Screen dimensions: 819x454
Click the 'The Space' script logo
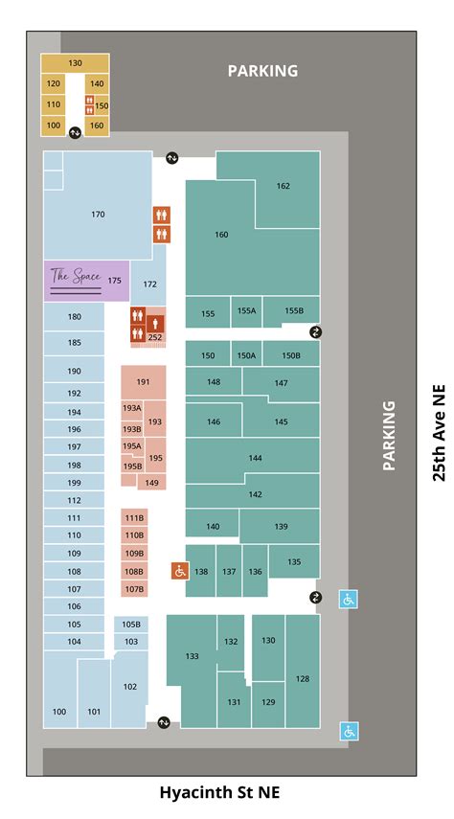pyautogui.click(x=75, y=278)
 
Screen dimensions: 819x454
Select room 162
pyautogui.click(x=283, y=186)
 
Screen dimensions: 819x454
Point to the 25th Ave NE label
pyautogui.click(x=439, y=433)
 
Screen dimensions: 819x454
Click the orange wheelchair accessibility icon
pyautogui.click(x=179, y=571)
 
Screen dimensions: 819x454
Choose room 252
pyautogui.click(x=155, y=337)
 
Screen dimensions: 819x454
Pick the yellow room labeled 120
pyautogui.click(x=54, y=84)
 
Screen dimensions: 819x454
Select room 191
pyautogui.click(x=143, y=382)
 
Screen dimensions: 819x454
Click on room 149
pyautogui.click(x=151, y=483)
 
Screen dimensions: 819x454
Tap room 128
pyautogui.click(x=303, y=678)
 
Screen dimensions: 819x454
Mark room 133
pyautogui.click(x=193, y=656)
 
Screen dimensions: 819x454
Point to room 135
pyautogui.click(x=294, y=561)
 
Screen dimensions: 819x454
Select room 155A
pyautogui.click(x=247, y=311)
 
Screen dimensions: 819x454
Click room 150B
pyautogui.click(x=291, y=355)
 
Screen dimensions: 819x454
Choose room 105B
pyautogui.click(x=131, y=624)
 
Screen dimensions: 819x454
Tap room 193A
pyautogui.click(x=131, y=408)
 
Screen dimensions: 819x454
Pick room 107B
pyautogui.click(x=134, y=589)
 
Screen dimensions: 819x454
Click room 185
pyautogui.click(x=74, y=342)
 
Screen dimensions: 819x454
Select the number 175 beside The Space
pyautogui.click(x=115, y=281)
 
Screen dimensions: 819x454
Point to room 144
pyautogui.click(x=255, y=458)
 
